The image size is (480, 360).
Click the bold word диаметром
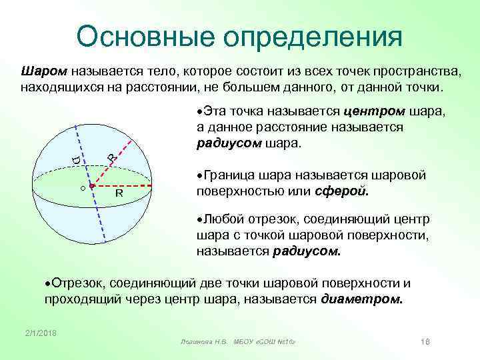(362, 299)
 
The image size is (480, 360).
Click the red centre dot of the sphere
(92, 186)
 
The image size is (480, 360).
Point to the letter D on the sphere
(76, 159)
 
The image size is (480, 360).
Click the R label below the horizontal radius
(119, 194)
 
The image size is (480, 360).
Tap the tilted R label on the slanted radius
(112, 157)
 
